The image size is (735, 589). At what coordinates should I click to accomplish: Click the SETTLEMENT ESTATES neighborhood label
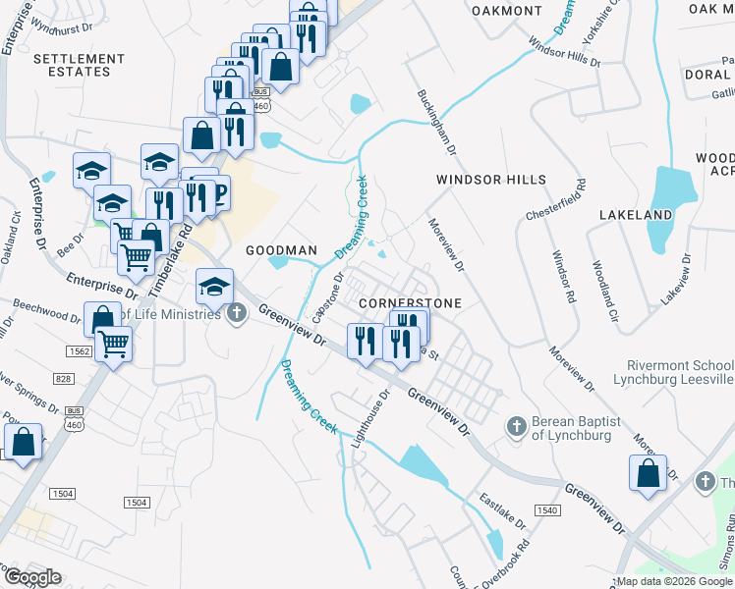click(x=72, y=65)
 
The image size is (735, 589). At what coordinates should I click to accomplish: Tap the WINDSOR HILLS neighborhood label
click(x=491, y=180)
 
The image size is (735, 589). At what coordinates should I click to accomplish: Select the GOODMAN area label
click(x=281, y=250)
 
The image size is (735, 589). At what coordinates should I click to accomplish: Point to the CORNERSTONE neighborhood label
click(x=410, y=303)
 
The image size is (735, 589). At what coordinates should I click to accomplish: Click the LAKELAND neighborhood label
click(x=636, y=214)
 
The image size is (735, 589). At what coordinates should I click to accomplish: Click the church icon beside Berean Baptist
click(x=516, y=426)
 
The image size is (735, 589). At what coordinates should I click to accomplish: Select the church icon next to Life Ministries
click(x=236, y=314)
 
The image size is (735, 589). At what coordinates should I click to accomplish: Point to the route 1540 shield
click(x=547, y=509)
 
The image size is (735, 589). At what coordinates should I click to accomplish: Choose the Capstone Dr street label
click(x=328, y=298)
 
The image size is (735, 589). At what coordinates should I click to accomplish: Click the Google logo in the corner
click(x=32, y=577)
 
